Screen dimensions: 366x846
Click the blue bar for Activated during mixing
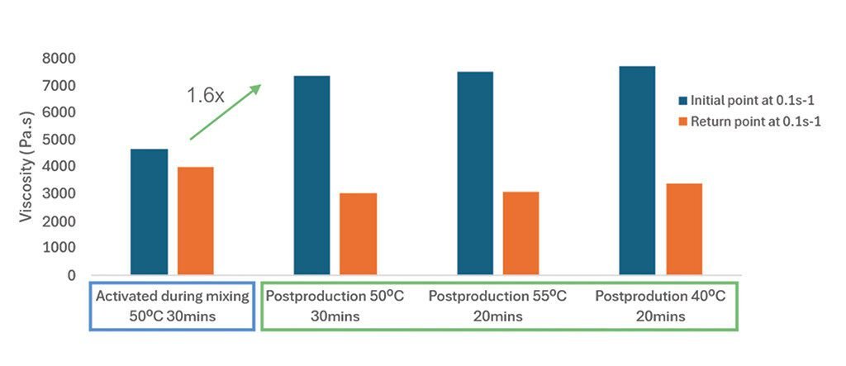149,212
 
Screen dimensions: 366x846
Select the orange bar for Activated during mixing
196,221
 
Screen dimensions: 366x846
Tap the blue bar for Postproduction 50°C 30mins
311,175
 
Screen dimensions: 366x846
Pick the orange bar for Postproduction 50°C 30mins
358,234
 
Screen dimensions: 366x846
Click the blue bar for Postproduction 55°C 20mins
474,173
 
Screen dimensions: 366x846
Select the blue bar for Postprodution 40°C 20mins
637,170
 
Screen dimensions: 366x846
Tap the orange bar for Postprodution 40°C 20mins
683,229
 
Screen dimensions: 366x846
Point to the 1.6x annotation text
205,96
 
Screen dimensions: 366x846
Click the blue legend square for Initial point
683,100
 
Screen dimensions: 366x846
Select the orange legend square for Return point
683,121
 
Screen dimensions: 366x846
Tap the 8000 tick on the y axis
59,59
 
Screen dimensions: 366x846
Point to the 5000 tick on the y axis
59,140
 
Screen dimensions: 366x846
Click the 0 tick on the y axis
71,275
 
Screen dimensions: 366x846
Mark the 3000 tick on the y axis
59,194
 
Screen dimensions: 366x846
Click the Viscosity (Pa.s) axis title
27,166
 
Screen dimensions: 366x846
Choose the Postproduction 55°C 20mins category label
497,307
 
